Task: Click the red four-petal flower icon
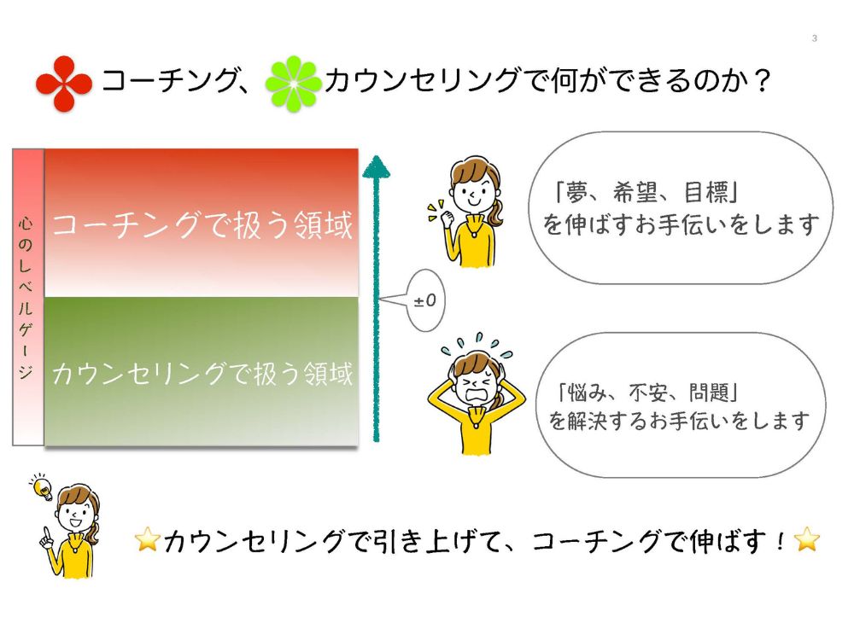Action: (64, 84)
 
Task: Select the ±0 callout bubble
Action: (424, 300)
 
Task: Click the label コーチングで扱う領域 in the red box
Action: (202, 226)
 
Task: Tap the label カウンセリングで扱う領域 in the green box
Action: (202, 374)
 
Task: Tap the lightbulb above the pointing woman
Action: (40, 489)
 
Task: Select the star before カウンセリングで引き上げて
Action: (148, 540)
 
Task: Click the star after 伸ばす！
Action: (805, 539)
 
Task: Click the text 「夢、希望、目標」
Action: (646, 192)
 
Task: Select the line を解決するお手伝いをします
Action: (679, 421)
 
